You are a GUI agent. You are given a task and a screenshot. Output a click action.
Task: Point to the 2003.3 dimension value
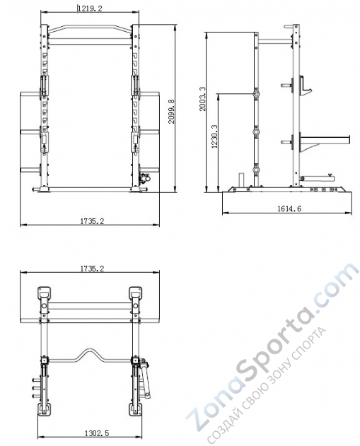point(203,99)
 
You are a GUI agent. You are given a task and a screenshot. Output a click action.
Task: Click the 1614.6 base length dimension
point(288,209)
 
